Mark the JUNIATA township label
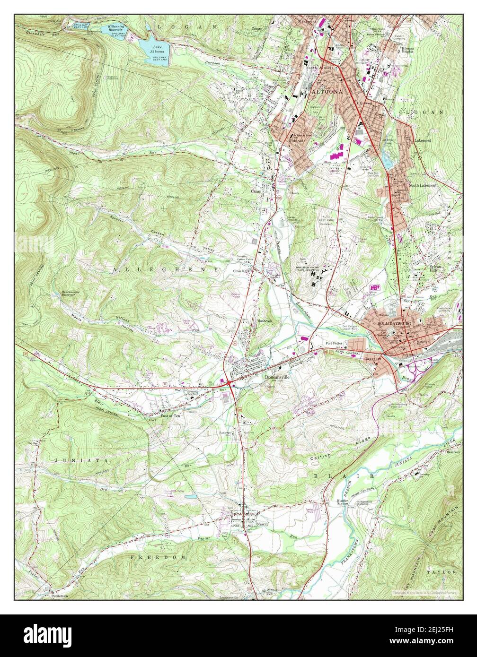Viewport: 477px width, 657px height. (74, 459)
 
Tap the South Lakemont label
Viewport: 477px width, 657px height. (423, 185)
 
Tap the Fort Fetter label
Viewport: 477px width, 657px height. (334, 343)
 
